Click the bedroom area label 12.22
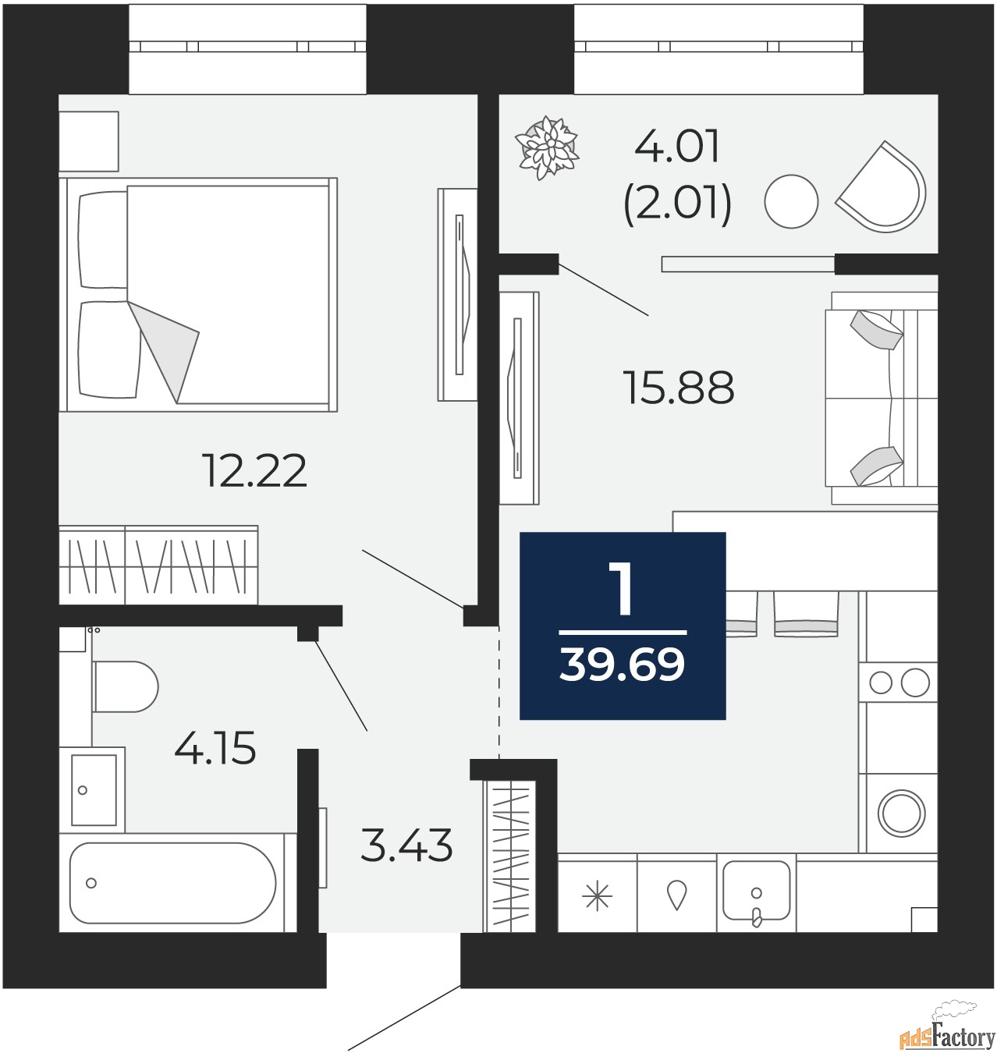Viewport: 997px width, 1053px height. click(254, 471)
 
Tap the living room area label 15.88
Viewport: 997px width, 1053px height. click(678, 388)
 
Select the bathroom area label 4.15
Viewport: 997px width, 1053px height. click(215, 749)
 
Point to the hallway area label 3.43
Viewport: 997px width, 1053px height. click(406, 846)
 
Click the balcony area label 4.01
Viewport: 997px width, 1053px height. click(676, 147)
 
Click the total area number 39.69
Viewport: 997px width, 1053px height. click(622, 665)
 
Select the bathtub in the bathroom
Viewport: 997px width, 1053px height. click(172, 882)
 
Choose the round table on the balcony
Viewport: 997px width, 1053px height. click(791, 201)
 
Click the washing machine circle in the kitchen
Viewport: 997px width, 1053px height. click(901, 813)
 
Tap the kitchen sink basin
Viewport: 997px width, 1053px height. click(756, 891)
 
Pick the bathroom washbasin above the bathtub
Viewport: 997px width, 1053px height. click(94, 789)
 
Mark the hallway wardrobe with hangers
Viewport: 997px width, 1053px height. click(509, 855)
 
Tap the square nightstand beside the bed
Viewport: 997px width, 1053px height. click(88, 140)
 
